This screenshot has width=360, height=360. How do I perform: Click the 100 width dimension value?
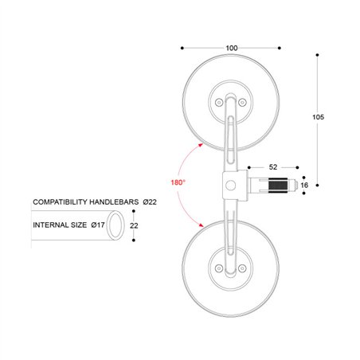point(232,48)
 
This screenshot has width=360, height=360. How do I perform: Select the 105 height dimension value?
point(318,117)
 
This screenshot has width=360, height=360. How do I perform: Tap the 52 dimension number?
point(273,167)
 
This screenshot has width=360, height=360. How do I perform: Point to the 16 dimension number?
point(304,185)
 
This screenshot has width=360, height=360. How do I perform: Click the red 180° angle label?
point(178,182)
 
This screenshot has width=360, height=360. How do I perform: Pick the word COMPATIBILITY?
point(60,202)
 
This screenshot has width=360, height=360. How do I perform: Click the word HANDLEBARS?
point(114,202)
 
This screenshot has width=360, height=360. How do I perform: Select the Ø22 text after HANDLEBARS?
point(150,202)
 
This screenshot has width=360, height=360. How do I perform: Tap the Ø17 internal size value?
point(98,225)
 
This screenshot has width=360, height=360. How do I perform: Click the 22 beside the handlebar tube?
point(134,225)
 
